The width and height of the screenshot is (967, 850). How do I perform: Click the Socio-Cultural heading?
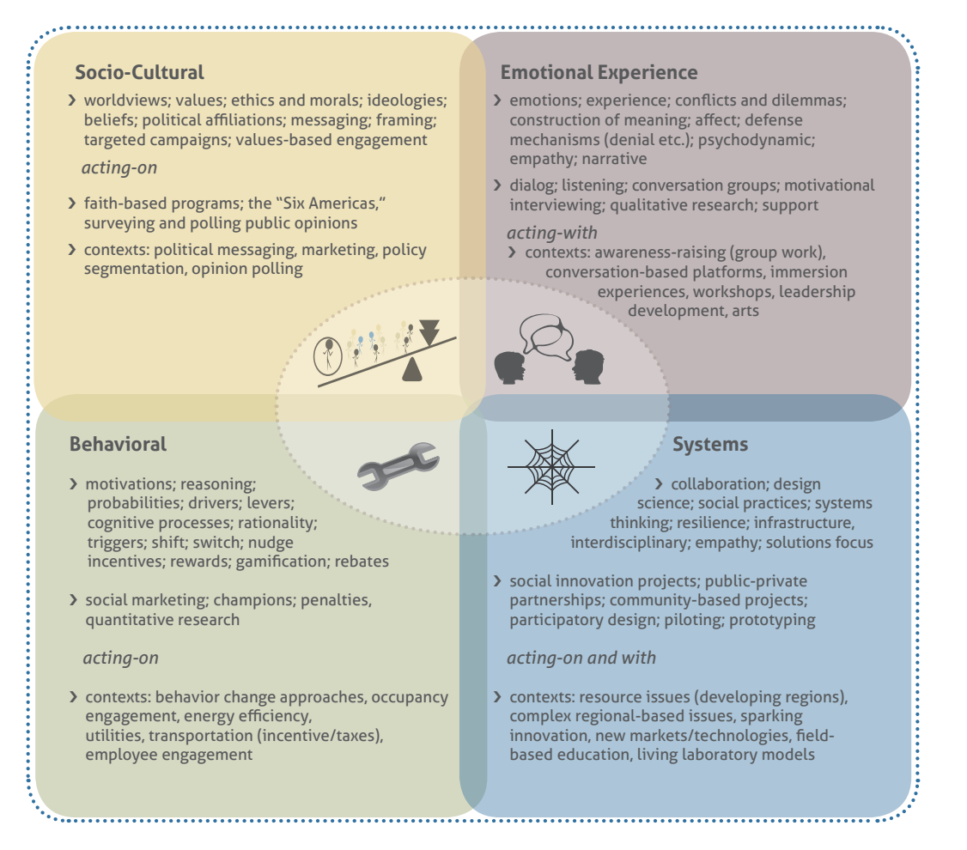pos(139,72)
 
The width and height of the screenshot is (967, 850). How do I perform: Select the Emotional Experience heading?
pos(599,72)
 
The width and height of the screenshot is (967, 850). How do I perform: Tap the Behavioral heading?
pos(118,444)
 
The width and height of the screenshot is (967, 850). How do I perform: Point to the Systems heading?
pos(710,444)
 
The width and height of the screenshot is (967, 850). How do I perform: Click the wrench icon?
pos(398,465)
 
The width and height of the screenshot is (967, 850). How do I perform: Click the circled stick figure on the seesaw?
pos(328,355)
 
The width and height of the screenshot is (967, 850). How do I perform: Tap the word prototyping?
pos(772,619)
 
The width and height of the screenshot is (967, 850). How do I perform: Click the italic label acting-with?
pos(552,233)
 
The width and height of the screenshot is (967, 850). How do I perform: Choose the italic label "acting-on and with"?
pos(581,658)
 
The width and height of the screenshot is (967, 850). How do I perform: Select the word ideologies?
pos(402,100)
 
